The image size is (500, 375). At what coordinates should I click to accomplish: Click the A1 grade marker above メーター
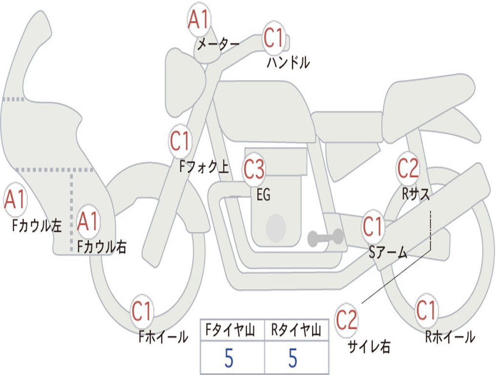click(x=198, y=20)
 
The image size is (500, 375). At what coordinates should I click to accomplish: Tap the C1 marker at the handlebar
click(x=273, y=37)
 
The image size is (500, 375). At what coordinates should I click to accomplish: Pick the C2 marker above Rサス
click(x=408, y=168)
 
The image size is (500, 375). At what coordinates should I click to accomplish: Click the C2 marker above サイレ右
click(x=346, y=320)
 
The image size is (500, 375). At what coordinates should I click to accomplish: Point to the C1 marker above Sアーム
click(x=373, y=227)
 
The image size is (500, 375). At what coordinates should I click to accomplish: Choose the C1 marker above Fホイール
click(x=141, y=311)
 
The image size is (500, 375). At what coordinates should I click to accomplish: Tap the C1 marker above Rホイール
click(x=426, y=310)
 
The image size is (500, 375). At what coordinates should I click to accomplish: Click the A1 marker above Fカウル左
click(x=15, y=199)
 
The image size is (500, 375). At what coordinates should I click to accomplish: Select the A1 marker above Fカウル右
click(x=88, y=221)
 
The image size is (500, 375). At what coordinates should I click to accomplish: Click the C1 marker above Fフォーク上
click(x=180, y=141)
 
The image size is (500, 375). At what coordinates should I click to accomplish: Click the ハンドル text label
click(x=288, y=62)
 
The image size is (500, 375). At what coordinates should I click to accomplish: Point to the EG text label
click(x=263, y=194)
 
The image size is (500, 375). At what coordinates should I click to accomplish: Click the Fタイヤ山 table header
click(x=230, y=330)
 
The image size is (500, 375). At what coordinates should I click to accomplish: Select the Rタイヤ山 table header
click(x=296, y=330)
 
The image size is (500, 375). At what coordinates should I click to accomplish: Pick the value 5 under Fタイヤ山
click(x=229, y=358)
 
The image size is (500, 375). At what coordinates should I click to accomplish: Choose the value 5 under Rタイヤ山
click(x=293, y=358)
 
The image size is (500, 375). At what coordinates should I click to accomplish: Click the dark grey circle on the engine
click(x=276, y=228)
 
